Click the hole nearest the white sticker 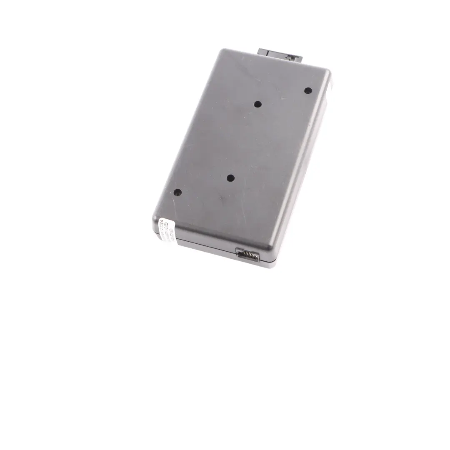(177, 192)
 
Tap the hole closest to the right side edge (308, 90)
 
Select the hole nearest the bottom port (230, 178)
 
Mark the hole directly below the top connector (258, 104)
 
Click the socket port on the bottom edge (247, 255)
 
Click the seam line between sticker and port (204, 246)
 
